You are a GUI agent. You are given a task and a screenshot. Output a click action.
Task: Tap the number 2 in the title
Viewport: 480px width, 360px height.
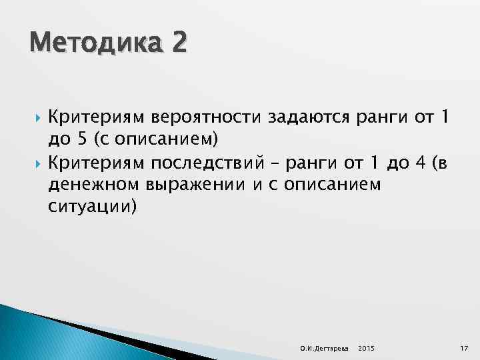(177, 45)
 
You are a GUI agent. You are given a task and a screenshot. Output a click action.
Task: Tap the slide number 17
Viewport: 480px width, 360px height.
(463, 349)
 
